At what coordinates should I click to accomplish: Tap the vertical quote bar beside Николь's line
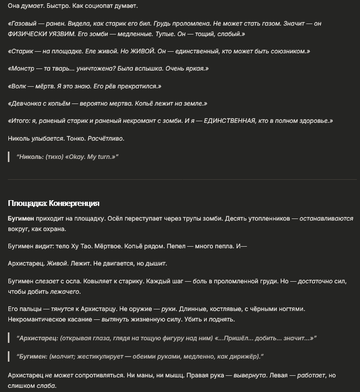[9, 156]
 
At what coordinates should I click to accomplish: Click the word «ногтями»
[289, 309]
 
